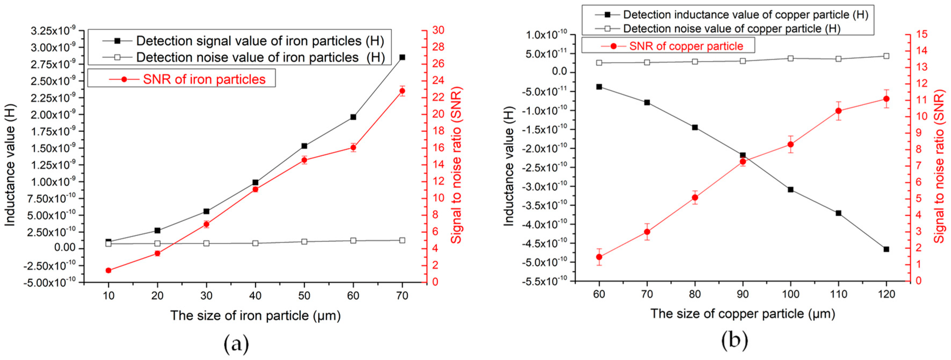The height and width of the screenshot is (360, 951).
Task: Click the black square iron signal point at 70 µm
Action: pyautogui.click(x=402, y=57)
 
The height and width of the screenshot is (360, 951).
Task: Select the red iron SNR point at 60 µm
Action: pyautogui.click(x=353, y=148)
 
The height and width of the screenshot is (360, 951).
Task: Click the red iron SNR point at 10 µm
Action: pyautogui.click(x=109, y=270)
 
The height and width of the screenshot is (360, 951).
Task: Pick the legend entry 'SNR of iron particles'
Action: pyautogui.click(x=204, y=79)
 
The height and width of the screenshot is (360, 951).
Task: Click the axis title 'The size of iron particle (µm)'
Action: pyautogui.click(x=255, y=316)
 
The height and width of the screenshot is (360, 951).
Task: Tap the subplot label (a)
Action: pyautogui.click(x=236, y=344)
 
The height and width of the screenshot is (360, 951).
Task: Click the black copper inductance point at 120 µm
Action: pyautogui.click(x=886, y=249)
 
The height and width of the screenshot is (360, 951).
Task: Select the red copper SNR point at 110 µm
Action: pyautogui.click(x=838, y=111)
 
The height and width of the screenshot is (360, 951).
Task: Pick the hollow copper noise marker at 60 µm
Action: pyautogui.click(x=599, y=63)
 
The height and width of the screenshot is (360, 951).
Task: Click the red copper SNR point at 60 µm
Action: pyautogui.click(x=599, y=257)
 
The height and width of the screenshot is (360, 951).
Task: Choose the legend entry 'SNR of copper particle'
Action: pyautogui.click(x=686, y=46)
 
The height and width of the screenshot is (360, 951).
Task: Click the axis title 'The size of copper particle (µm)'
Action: pyautogui.click(x=742, y=314)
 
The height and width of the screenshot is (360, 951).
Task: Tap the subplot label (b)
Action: pyautogui.click(x=734, y=340)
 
